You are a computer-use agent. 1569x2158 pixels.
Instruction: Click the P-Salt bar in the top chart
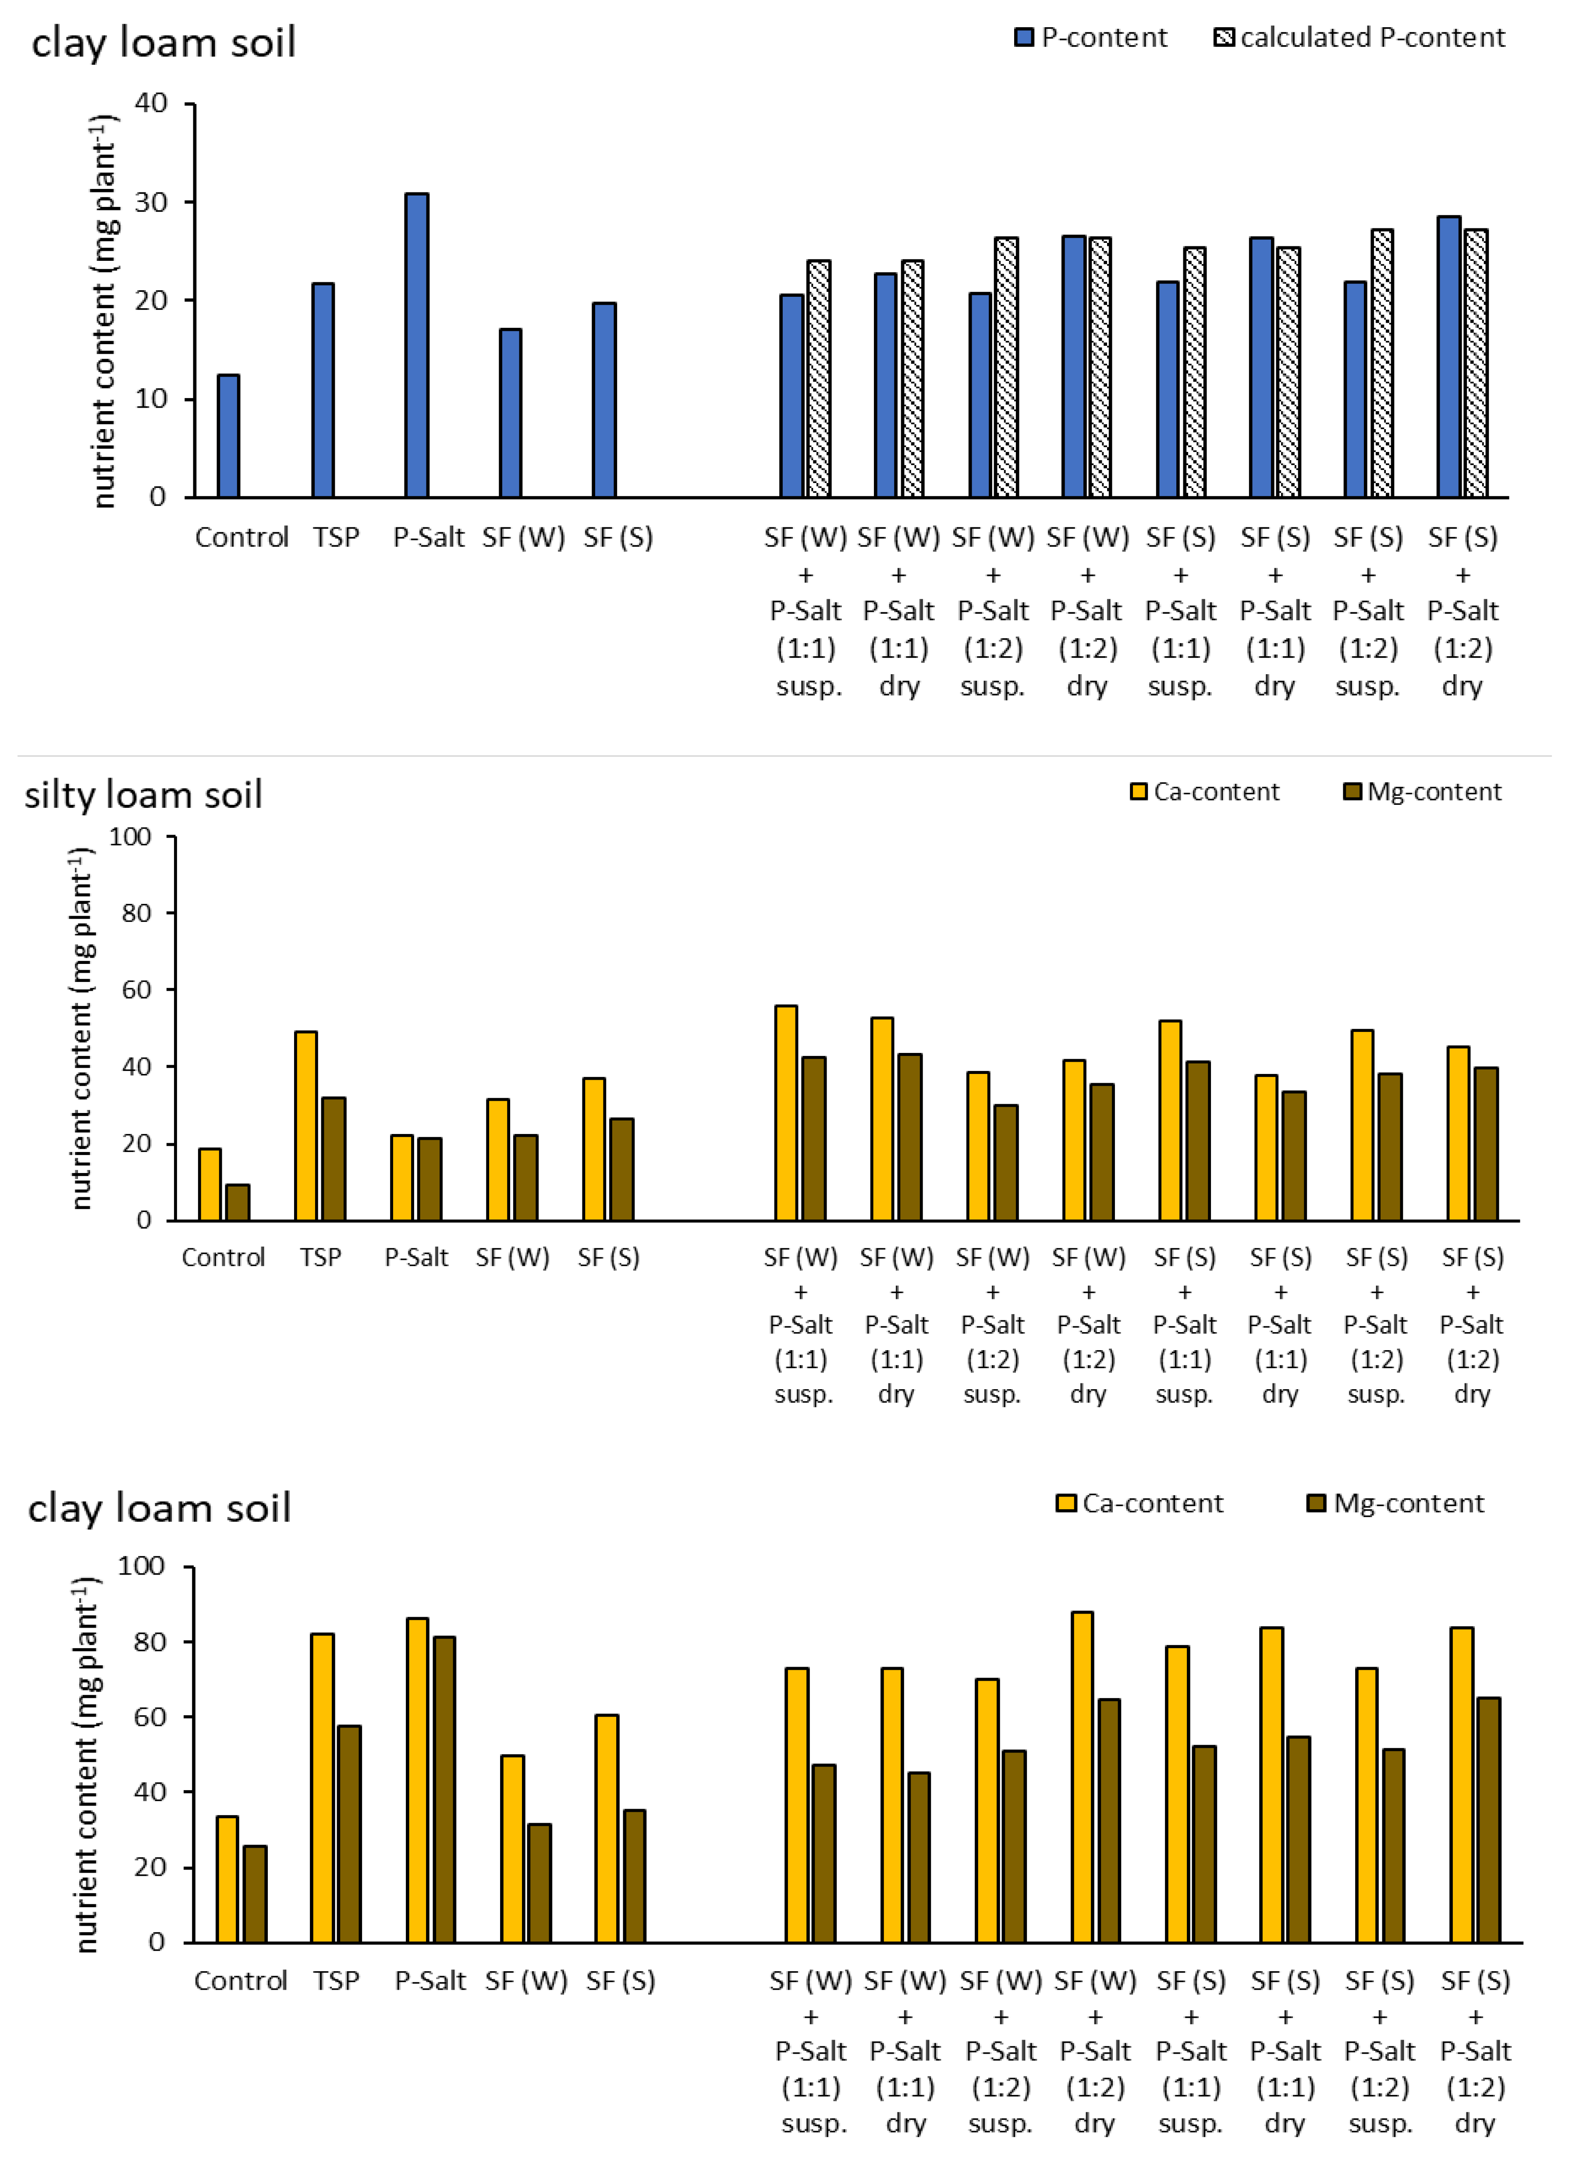click(417, 345)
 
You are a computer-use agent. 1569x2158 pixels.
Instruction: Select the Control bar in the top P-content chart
click(228, 436)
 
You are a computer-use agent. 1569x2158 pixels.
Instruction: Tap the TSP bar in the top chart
click(323, 390)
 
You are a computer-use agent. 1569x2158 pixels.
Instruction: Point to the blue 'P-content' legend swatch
click(1024, 38)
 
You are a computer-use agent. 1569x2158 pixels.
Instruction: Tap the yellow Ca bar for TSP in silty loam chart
click(305, 1126)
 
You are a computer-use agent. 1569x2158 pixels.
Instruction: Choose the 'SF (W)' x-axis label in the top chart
click(523, 537)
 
